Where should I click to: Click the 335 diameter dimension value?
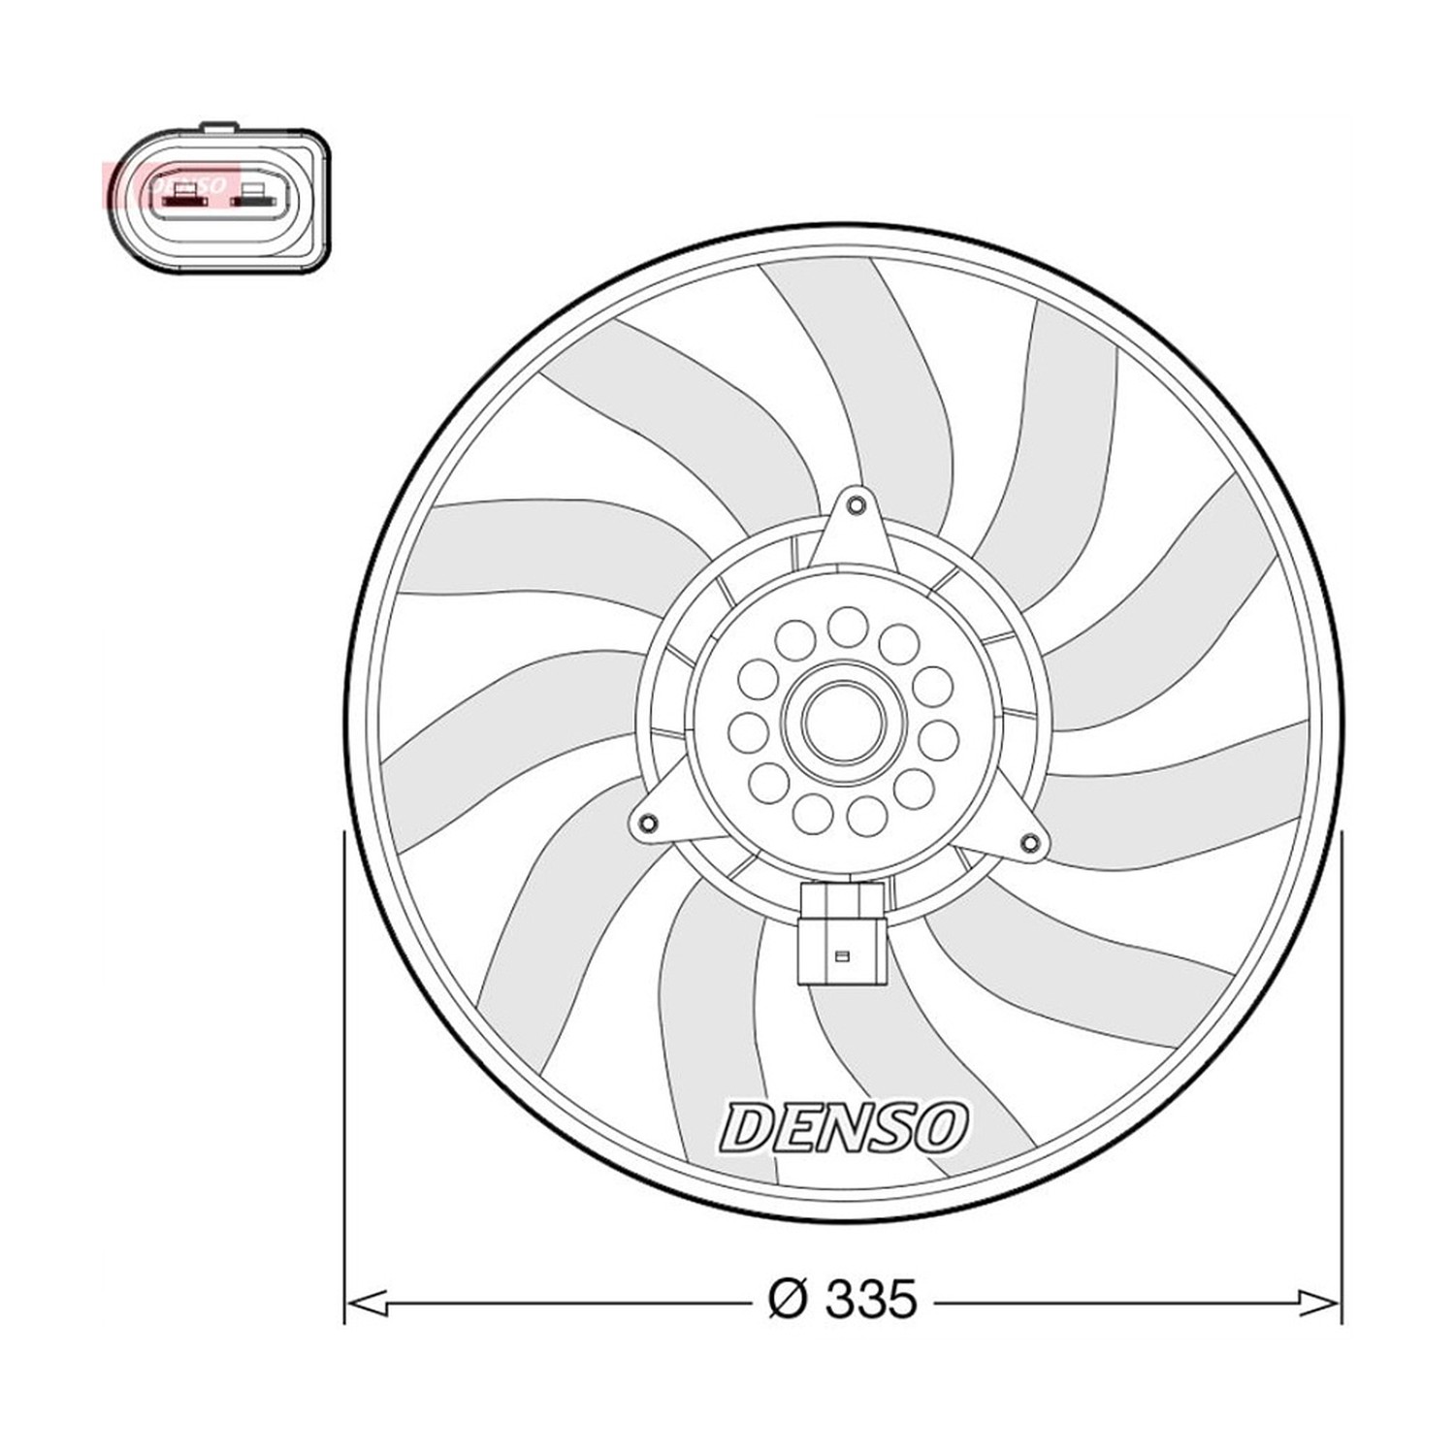[x=870, y=1300]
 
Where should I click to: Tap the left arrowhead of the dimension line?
[x=367, y=1302]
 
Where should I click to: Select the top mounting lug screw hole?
[x=855, y=505]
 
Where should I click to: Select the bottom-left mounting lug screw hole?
[x=647, y=824]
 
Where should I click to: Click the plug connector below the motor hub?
[x=842, y=933]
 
